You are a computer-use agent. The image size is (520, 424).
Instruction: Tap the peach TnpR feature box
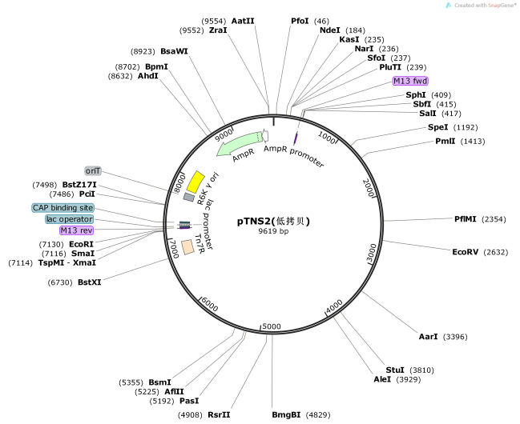click(187, 247)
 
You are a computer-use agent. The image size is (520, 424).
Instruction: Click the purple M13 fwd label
click(409, 81)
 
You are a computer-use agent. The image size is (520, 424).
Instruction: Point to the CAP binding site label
click(62, 208)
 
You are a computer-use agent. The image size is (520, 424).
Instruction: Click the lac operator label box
click(69, 219)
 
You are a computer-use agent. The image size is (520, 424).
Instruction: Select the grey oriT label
click(94, 170)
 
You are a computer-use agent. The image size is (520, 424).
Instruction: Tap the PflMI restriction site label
click(469, 218)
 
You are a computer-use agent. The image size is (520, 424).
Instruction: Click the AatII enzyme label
click(243, 19)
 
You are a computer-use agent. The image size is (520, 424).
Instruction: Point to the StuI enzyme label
click(395, 370)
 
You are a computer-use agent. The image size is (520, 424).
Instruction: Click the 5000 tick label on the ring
click(272, 326)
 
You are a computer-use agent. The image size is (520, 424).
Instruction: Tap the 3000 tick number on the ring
click(371, 252)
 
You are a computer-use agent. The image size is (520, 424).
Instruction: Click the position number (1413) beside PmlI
click(473, 141)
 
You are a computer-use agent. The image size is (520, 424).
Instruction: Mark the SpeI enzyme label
click(437, 126)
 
